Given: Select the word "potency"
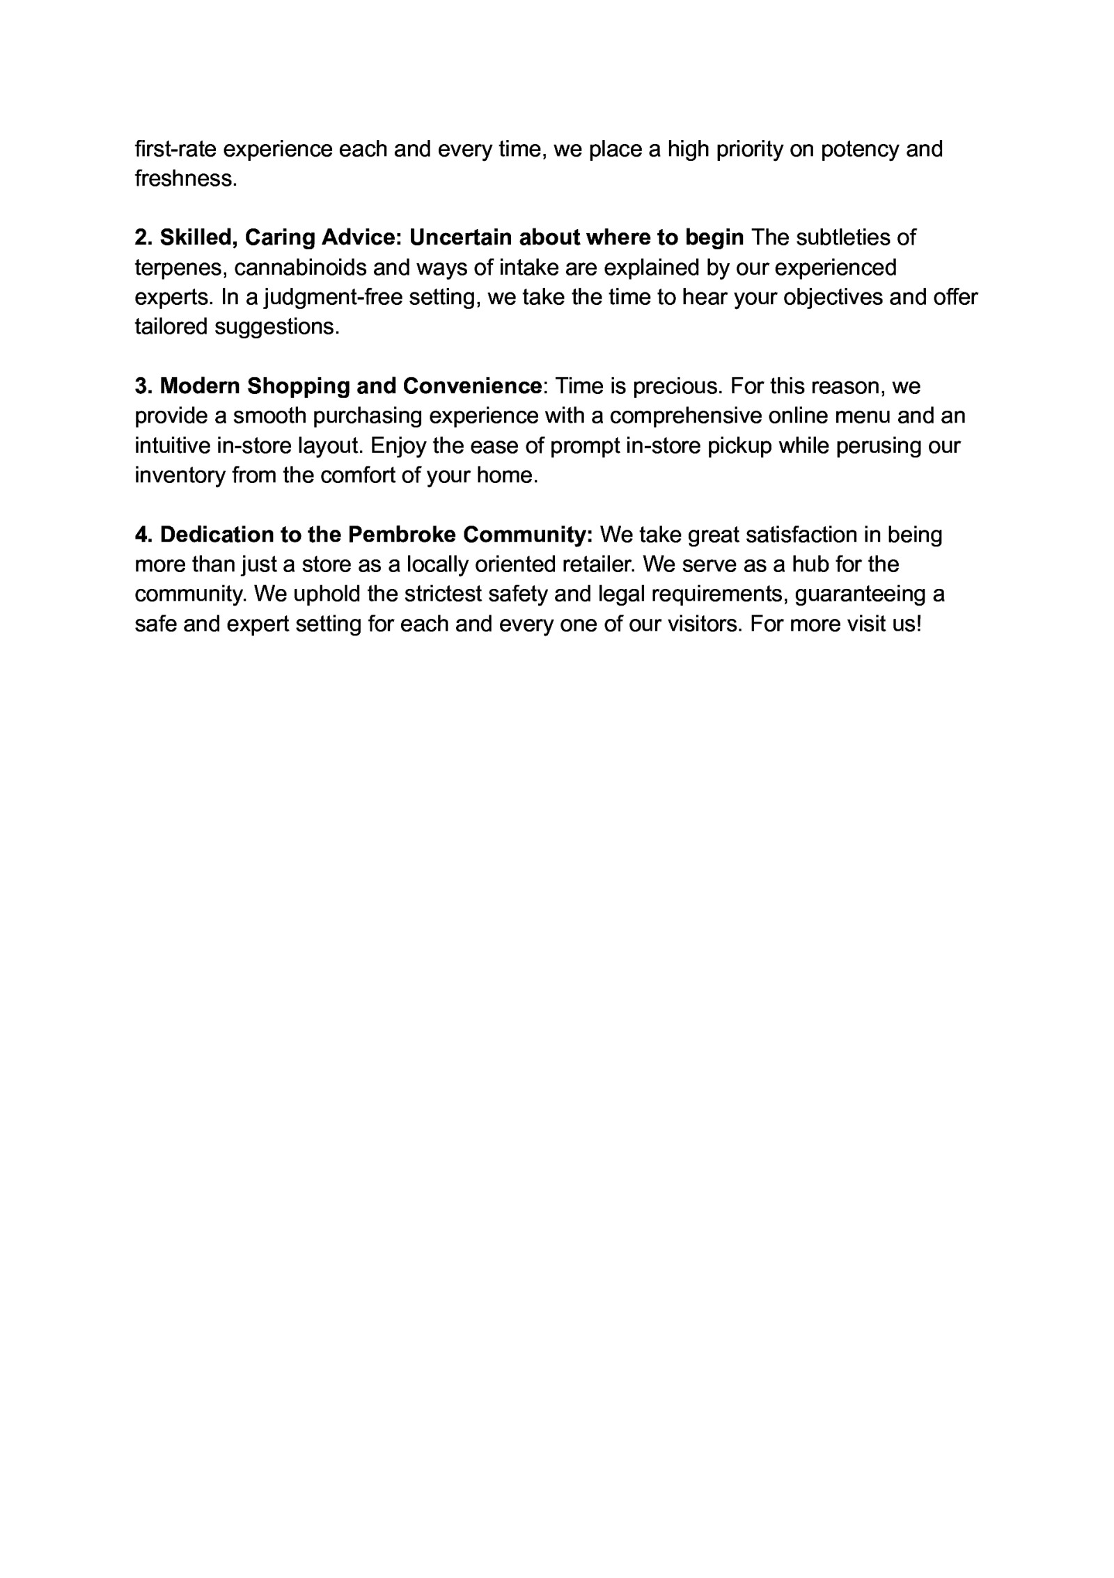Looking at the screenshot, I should point(860,149).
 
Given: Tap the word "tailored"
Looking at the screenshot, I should point(171,327).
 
